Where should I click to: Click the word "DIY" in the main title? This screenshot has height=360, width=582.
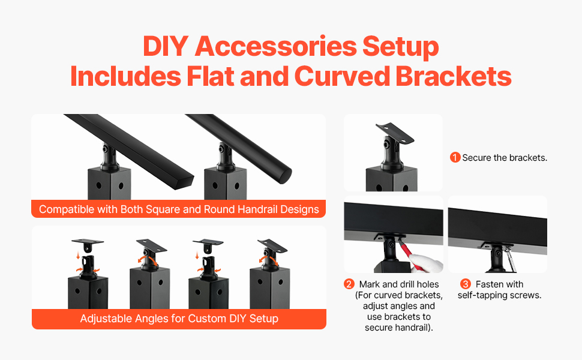166,46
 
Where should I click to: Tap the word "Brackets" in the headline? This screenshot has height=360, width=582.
453,76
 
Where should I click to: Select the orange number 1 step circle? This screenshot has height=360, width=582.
455,157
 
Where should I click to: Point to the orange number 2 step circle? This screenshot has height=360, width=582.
349,284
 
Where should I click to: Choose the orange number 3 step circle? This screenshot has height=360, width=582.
466,284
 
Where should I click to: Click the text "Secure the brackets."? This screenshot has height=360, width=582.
505,158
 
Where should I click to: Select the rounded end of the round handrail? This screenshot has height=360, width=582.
284,176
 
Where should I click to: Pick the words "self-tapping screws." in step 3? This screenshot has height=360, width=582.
500,295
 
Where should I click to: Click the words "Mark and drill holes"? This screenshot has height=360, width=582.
399,284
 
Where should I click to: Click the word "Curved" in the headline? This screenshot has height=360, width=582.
342,76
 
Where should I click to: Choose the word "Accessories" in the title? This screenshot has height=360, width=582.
276,46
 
